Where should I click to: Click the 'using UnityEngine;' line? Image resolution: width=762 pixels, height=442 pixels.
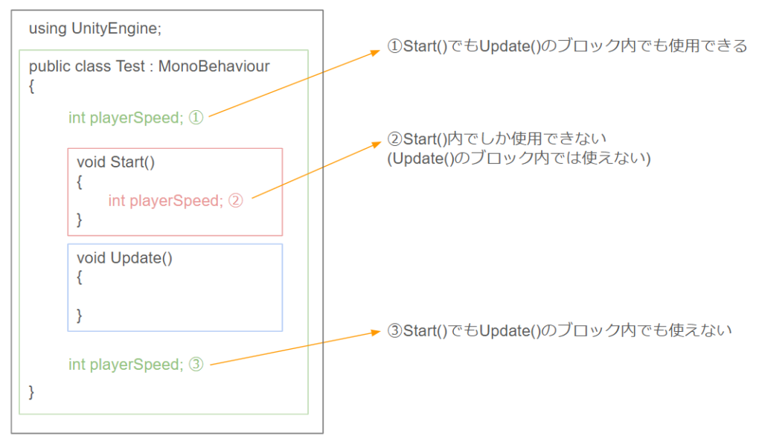(95, 29)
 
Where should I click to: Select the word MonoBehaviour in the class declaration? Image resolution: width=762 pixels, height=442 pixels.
(214, 66)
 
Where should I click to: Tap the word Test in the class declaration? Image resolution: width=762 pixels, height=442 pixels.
(130, 66)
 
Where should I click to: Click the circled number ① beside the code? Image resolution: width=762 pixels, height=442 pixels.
(196, 118)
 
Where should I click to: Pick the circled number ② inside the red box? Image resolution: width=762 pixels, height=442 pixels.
(236, 201)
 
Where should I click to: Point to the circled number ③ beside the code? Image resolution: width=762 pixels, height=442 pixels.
(196, 365)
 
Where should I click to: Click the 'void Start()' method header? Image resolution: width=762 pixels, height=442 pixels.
(115, 162)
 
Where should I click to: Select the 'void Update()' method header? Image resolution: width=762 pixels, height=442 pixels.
(124, 258)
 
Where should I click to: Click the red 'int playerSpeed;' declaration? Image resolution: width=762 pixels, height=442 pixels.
(166, 201)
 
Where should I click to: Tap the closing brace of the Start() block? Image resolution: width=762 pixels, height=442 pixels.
(79, 220)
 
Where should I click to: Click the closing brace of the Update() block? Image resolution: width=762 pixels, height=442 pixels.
(79, 316)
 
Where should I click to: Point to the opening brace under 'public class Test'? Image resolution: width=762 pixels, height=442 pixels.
(31, 86)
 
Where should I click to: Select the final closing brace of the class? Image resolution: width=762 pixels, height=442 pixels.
(31, 392)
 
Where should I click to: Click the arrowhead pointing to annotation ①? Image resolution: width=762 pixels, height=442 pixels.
(375, 52)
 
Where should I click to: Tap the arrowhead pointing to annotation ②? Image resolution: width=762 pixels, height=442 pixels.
(377, 144)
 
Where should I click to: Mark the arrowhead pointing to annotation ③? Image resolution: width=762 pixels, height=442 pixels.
(375, 332)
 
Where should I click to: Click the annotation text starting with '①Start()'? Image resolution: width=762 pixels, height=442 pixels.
(566, 46)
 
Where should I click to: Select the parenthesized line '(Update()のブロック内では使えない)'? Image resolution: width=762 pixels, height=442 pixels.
(519, 158)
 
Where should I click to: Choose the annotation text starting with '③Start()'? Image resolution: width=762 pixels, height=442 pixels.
(560, 331)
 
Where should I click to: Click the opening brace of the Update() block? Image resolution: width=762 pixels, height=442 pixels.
(79, 278)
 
